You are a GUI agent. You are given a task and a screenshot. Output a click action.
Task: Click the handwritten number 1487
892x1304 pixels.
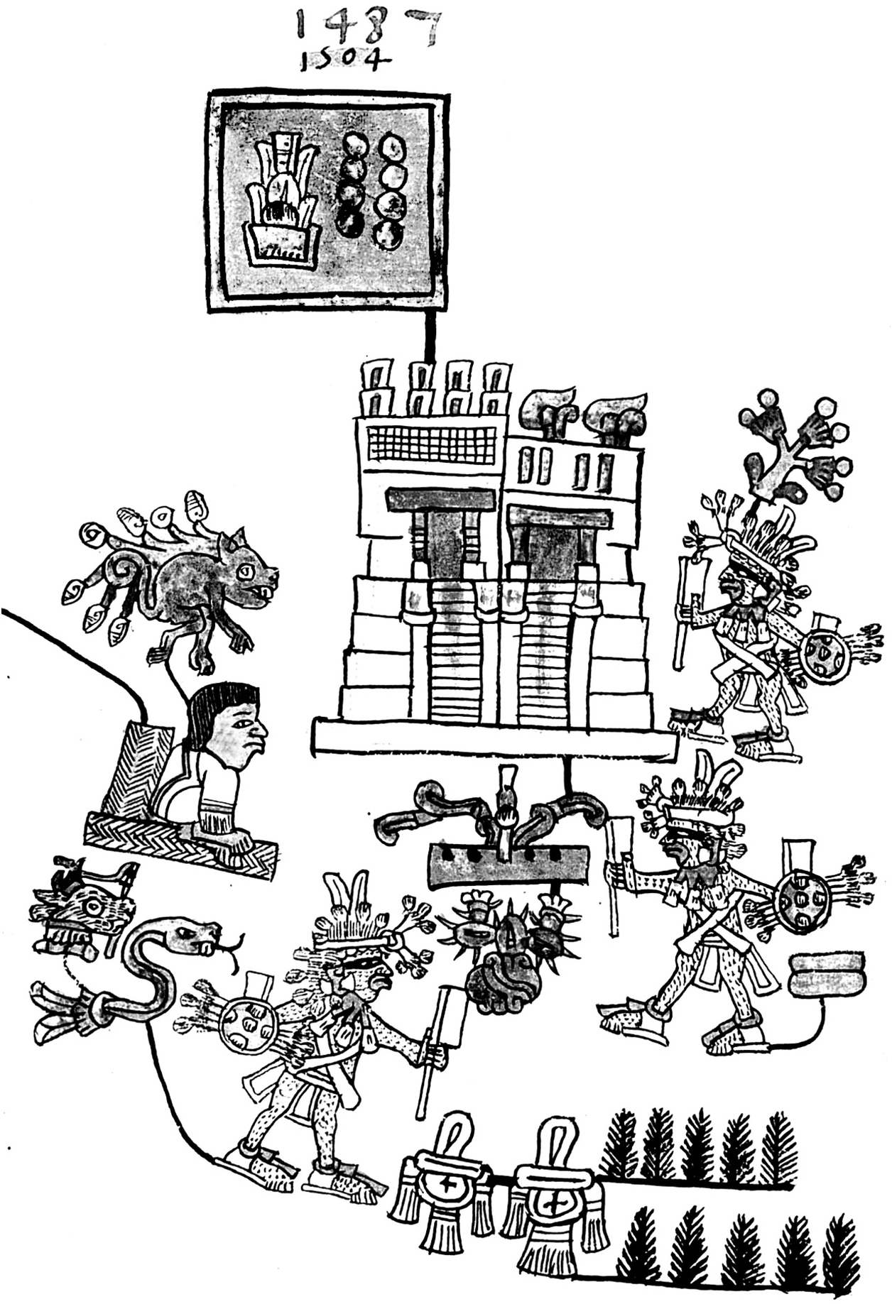[x=366, y=27]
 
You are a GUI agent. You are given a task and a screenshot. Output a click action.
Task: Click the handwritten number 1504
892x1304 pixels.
[x=345, y=60]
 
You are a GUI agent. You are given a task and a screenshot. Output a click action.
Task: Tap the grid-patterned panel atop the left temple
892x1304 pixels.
[x=431, y=444]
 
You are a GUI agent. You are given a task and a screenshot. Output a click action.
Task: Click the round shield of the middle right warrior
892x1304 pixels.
[x=802, y=901]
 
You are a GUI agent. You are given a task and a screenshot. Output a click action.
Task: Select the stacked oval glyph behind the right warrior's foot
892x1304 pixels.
[x=827, y=975]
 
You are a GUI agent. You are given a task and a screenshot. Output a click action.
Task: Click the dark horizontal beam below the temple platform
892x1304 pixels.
[x=508, y=865]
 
